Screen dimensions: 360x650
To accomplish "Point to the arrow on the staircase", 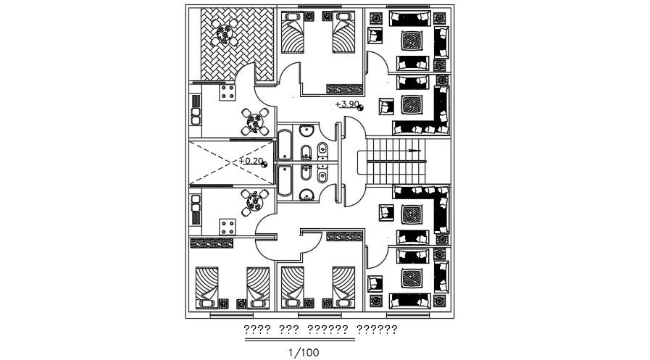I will point(414,151).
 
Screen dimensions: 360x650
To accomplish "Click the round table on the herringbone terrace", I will point(226,33).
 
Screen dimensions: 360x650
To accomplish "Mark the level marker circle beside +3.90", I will point(361,108).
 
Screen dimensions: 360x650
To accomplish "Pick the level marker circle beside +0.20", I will point(264,164).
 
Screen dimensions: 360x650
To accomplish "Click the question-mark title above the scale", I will point(320,330).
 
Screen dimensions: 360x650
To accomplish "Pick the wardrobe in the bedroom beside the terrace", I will point(344,89).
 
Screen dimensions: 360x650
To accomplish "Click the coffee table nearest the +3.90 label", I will point(412,104).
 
